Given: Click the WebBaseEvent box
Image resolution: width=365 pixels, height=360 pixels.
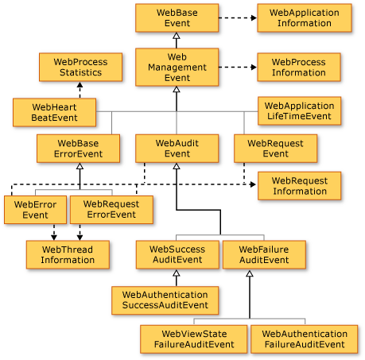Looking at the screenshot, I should coord(177,18).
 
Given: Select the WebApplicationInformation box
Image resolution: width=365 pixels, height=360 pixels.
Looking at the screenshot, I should coord(298,18).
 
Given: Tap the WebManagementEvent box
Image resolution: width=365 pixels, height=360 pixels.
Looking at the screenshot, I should coord(177,67).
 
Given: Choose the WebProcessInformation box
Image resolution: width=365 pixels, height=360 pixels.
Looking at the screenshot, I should coord(298,67).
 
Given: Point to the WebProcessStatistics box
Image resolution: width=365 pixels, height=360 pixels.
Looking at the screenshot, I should coord(80,67).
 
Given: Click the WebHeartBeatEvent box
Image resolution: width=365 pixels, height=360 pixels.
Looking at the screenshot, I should coord(54,112).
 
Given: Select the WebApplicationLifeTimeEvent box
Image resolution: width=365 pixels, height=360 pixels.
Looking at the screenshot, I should coord(298,111).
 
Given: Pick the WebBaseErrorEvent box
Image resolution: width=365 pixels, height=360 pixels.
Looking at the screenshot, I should coord(79,148).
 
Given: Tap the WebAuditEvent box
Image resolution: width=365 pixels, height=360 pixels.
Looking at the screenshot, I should coord(177,148).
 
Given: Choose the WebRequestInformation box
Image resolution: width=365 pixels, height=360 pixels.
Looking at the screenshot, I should coord(298,186).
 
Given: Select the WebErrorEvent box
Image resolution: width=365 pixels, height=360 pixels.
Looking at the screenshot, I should coord(35,209).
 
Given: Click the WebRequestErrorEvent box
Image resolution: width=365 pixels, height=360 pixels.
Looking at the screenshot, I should coord(111,209).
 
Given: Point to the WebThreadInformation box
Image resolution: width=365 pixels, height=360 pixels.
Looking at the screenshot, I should coord(68,254).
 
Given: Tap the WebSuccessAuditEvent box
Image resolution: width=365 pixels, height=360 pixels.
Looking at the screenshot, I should coord(177,254).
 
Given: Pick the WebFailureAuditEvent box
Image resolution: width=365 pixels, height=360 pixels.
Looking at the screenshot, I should coord(262,254).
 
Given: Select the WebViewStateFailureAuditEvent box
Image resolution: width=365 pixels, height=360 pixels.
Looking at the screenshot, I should coord(193,339).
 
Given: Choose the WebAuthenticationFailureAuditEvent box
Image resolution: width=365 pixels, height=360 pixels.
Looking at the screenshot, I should coord(304,339).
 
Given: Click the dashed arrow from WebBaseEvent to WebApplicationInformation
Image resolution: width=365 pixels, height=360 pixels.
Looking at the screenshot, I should coord(237,18).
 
